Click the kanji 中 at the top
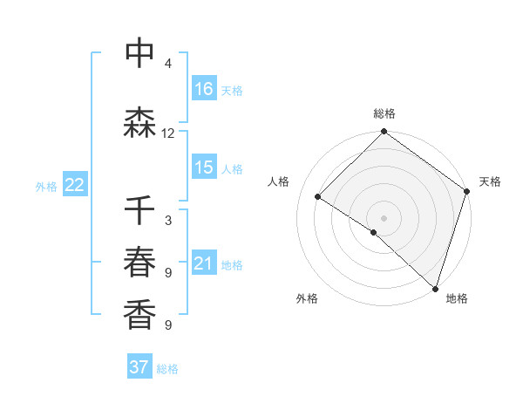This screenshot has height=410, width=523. (139, 54)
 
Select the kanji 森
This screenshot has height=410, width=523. (139, 123)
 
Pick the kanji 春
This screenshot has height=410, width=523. (139, 263)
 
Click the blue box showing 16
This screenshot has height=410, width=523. (204, 89)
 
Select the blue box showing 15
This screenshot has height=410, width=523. (204, 168)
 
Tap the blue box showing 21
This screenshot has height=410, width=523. (204, 263)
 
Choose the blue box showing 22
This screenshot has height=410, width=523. (75, 186)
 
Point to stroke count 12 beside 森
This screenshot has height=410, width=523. (168, 133)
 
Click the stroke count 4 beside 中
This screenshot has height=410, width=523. (168, 64)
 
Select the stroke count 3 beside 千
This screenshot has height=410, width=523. (168, 221)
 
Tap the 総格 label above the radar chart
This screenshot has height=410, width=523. (384, 113)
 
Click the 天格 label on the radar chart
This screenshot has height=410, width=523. (490, 181)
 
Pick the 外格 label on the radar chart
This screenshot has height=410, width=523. (307, 298)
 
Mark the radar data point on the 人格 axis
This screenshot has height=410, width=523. (318, 197)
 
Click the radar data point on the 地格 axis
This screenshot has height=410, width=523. (435, 289)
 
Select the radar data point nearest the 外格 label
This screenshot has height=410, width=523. (373, 232)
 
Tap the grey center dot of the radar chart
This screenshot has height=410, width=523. (384, 217)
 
